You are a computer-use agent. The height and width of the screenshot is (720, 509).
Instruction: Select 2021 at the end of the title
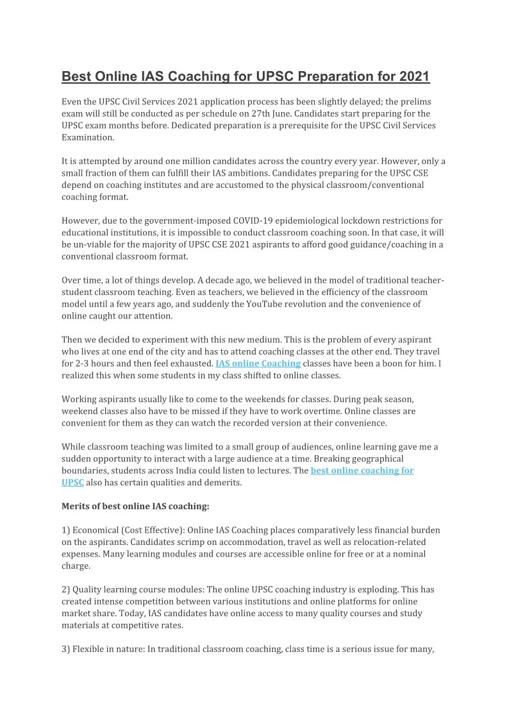(x=413, y=77)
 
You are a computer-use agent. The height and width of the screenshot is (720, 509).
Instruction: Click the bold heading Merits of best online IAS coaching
(x=135, y=506)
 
